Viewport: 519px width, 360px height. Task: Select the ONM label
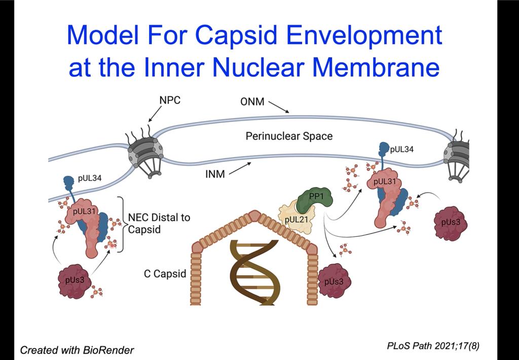pyautogui.click(x=252, y=102)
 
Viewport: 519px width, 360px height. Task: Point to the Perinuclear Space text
pyautogui.click(x=289, y=136)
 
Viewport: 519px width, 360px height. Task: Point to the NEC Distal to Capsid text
pyautogui.click(x=159, y=223)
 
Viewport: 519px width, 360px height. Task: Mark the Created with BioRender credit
pyautogui.click(x=77, y=350)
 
